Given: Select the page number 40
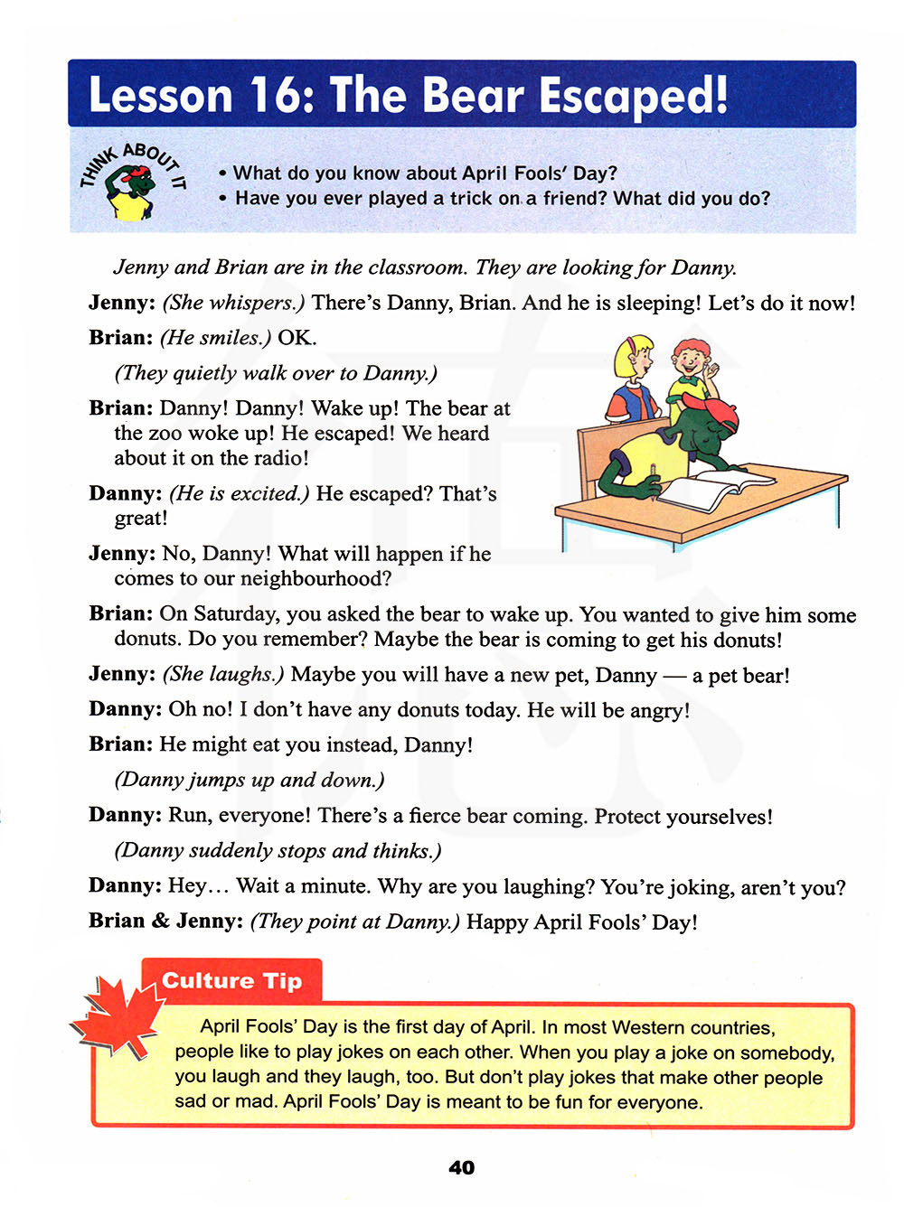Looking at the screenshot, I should [x=461, y=1167].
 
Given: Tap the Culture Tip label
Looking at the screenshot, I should [x=231, y=981].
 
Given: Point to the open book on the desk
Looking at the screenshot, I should [x=713, y=488].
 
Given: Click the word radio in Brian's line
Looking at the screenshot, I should [x=279, y=458].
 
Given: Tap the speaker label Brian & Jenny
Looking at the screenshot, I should [x=165, y=921].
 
